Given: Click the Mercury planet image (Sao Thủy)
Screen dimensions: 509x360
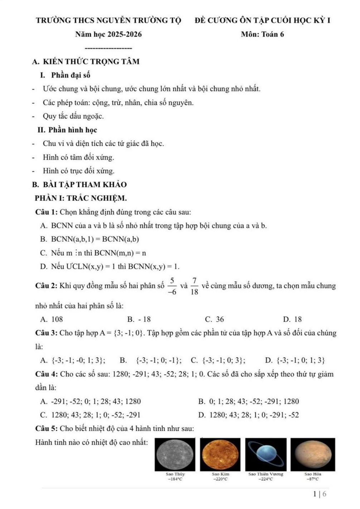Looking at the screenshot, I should [x=175, y=454].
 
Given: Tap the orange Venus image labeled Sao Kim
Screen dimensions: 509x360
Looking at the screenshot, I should [x=220, y=454].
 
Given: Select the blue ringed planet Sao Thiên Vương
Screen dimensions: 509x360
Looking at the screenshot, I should [x=266, y=454].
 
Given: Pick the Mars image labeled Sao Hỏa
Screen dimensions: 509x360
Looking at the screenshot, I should [x=312, y=454].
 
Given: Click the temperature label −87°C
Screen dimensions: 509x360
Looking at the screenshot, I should [x=312, y=479].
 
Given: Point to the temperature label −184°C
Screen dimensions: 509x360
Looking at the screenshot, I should [x=175, y=479].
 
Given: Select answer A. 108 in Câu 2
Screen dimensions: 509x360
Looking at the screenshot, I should [x=52, y=319].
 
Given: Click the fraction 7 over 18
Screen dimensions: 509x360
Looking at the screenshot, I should [x=194, y=286].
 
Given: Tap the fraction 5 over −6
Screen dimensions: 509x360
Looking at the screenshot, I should [x=172, y=286].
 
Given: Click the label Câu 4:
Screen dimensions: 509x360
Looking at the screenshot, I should [x=47, y=374].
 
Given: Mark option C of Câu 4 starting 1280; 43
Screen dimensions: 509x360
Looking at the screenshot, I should [x=90, y=415].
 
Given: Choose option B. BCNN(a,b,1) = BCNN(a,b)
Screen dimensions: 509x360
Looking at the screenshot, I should [x=90, y=239].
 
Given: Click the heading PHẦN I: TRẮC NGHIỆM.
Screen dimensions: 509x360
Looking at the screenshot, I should [x=81, y=198].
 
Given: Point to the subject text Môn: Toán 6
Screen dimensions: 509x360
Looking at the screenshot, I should [x=262, y=35].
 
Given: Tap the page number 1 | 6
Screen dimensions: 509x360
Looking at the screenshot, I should [x=320, y=494].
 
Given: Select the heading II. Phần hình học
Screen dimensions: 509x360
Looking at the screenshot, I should [x=67, y=130].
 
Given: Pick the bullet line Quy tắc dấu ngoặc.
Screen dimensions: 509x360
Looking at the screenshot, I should [x=73, y=116].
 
